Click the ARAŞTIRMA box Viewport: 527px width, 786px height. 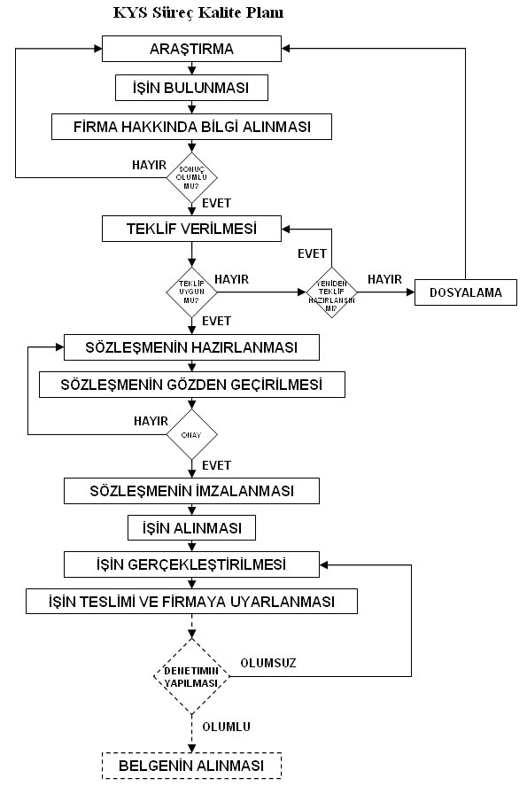[x=191, y=49]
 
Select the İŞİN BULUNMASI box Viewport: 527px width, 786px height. [x=191, y=88]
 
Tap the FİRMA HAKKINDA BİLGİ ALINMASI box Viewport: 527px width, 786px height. [x=191, y=127]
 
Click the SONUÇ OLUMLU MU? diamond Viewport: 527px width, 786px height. [x=191, y=177]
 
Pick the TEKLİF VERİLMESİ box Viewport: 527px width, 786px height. [x=191, y=229]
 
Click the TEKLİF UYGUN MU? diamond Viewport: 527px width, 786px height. [x=191, y=292]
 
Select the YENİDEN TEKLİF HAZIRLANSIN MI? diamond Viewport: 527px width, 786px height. [x=331, y=292]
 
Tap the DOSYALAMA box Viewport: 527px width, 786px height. [x=466, y=292]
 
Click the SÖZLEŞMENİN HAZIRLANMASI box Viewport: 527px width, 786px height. [x=191, y=347]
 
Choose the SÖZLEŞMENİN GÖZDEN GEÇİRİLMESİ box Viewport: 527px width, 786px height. [x=192, y=385]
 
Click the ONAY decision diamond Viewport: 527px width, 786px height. [x=191, y=434]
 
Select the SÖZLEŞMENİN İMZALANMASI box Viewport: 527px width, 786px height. [x=191, y=491]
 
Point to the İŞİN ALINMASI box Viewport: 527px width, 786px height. [x=191, y=528]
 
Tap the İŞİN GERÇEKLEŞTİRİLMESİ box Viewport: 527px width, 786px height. [x=191, y=564]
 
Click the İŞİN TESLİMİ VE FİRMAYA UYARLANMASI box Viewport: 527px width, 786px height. [x=191, y=602]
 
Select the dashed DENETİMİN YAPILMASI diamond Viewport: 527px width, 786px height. [x=191, y=677]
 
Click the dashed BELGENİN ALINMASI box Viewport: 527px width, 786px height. [x=191, y=766]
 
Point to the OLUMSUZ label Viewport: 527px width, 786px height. [x=268, y=663]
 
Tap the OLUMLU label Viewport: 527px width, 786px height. [x=226, y=727]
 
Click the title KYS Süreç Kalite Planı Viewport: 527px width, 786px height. [x=198, y=12]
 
